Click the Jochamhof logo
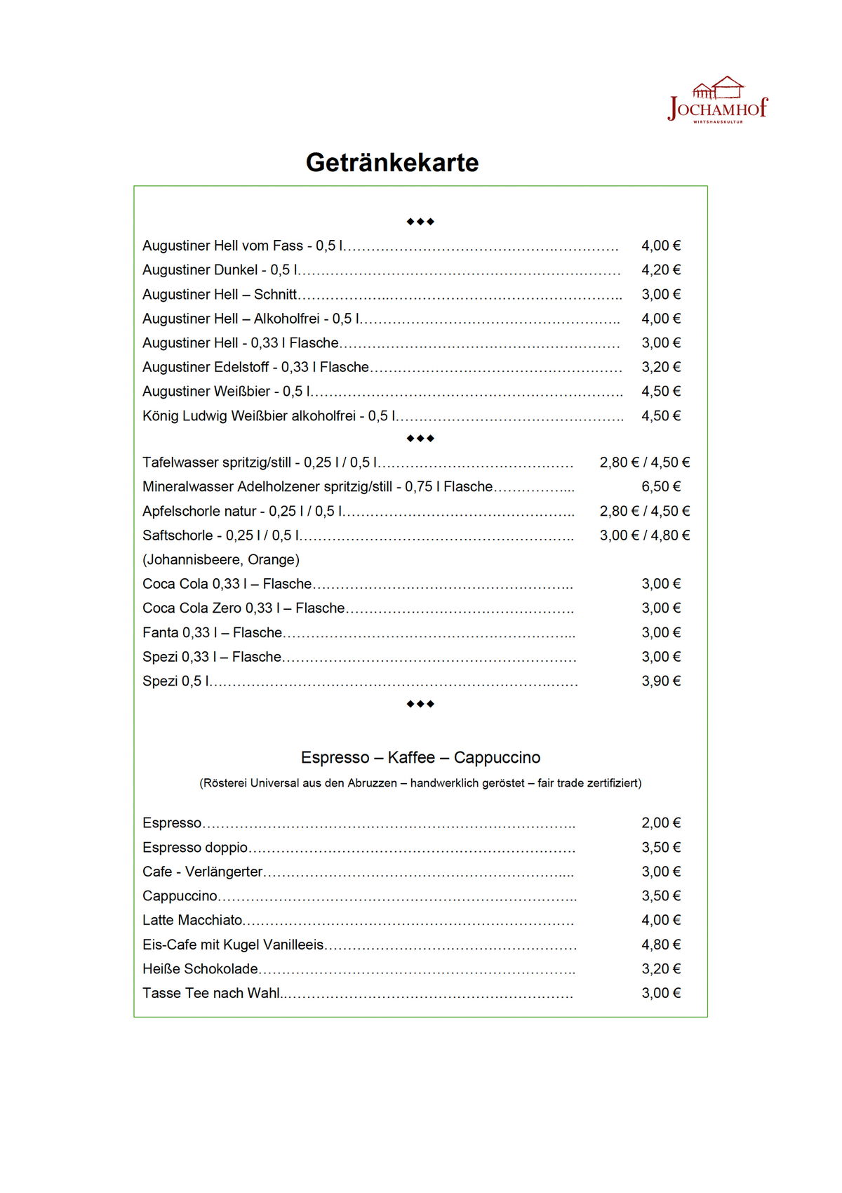pyautogui.click(x=718, y=100)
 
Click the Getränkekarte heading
pyautogui.click(x=392, y=163)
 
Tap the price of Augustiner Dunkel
pyautogui.click(x=661, y=270)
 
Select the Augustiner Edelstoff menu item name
pyautogui.click(x=255, y=367)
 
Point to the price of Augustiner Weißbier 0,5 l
pyautogui.click(x=661, y=392)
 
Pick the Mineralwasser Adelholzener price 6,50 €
pyautogui.click(x=661, y=487)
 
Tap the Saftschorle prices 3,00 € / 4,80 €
pyautogui.click(x=645, y=535)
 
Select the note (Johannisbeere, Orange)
pyautogui.click(x=221, y=560)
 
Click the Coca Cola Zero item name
pyautogui.click(x=243, y=608)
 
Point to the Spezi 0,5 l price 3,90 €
pyautogui.click(x=661, y=681)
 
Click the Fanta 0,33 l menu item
pyautogui.click(x=212, y=633)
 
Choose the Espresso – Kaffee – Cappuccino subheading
pyautogui.click(x=420, y=758)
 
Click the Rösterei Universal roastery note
pyautogui.click(x=420, y=783)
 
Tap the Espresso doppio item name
pyautogui.click(x=195, y=848)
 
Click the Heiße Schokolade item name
pyautogui.click(x=200, y=969)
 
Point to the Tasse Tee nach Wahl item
pyautogui.click(x=211, y=994)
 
